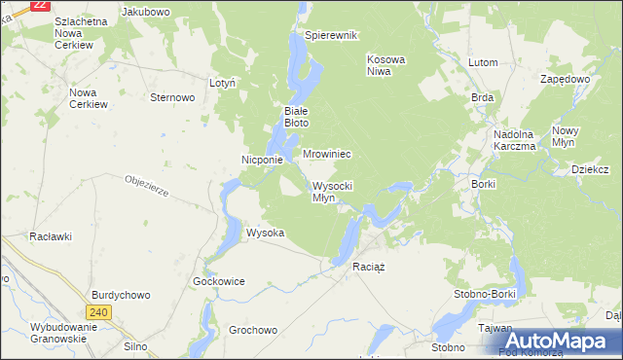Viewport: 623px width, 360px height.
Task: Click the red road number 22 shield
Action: [x=40, y=5]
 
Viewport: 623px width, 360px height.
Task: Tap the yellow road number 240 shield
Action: [x=98, y=312]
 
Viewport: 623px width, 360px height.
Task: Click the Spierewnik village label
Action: [x=332, y=35]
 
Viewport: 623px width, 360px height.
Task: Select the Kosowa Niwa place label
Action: [x=385, y=65]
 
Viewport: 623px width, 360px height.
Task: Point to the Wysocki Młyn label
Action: [x=332, y=192]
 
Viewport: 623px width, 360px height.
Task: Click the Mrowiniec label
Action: [x=326, y=155]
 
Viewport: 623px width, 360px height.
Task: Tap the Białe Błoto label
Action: [x=296, y=117]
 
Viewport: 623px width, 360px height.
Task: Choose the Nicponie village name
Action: [x=262, y=160]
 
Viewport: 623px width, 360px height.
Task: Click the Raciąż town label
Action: [x=371, y=267]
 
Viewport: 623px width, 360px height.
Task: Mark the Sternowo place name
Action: [x=173, y=97]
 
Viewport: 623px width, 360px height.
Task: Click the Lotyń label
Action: [x=223, y=84]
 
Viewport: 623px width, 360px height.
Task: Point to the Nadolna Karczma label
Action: [x=515, y=140]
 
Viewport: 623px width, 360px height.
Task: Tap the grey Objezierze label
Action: [x=147, y=186]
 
